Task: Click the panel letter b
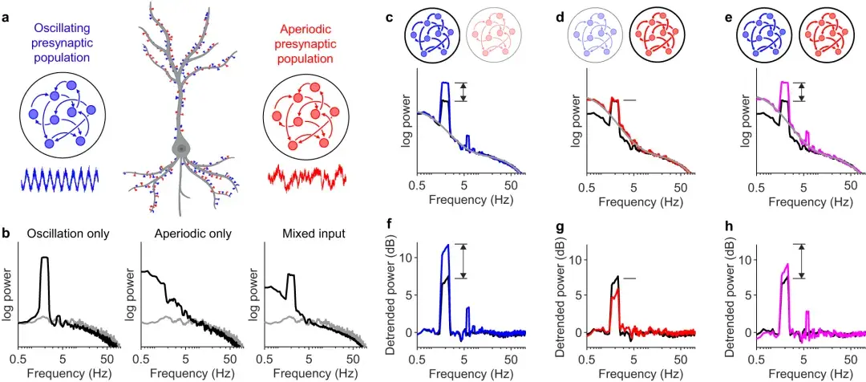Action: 6,235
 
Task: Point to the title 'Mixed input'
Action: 306,234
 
